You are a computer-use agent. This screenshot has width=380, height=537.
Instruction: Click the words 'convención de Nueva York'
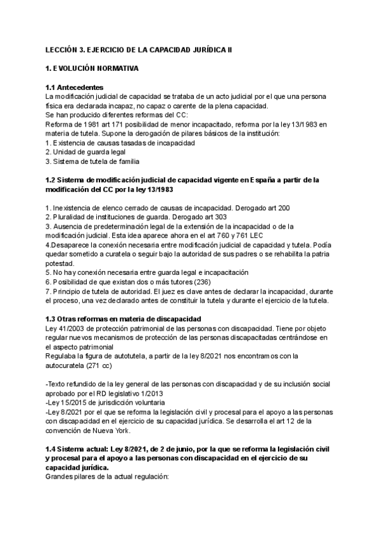[x=86, y=430]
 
